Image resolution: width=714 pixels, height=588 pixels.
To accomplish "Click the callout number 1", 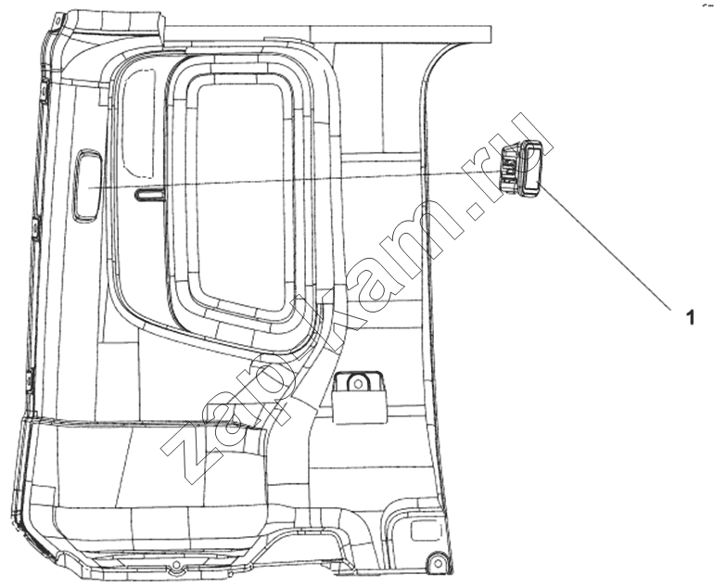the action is [691, 317].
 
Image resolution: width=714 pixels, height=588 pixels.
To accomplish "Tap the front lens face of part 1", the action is [530, 170].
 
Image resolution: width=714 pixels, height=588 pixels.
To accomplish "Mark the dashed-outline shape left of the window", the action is [139, 123].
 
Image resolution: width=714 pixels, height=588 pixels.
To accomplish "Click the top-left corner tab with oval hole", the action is [57, 21].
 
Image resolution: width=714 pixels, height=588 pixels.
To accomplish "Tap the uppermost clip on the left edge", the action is [44, 91].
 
